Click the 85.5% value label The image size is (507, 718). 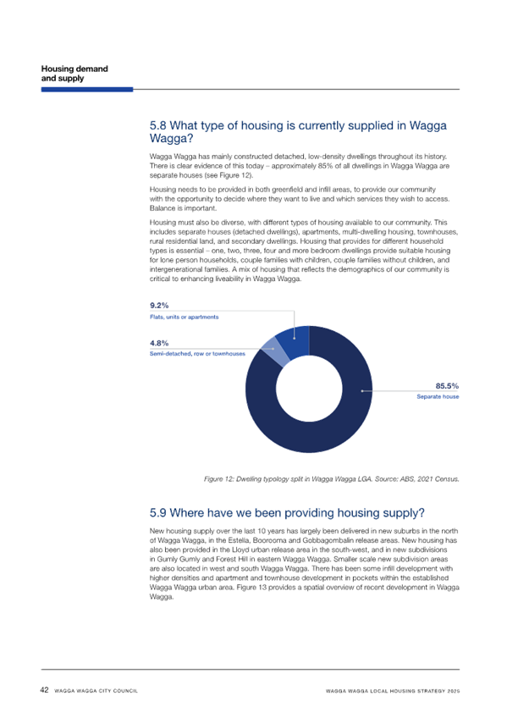click(x=447, y=386)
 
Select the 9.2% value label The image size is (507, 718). click(x=159, y=306)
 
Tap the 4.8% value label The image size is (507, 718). click(x=159, y=343)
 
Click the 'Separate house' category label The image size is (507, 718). click(x=438, y=396)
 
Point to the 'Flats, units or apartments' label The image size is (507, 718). click(x=184, y=317)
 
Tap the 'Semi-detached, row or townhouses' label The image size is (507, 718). click(x=197, y=354)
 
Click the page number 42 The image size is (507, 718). click(x=44, y=689)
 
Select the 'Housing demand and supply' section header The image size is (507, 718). click(x=74, y=74)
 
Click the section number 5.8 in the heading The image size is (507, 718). click(x=158, y=126)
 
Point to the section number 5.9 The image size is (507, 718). click(x=158, y=513)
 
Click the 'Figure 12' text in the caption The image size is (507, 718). click(x=219, y=479)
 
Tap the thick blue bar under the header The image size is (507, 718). click(x=87, y=90)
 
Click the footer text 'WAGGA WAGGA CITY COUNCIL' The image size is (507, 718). click(x=96, y=691)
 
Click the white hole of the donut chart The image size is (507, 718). click(x=309, y=389)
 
